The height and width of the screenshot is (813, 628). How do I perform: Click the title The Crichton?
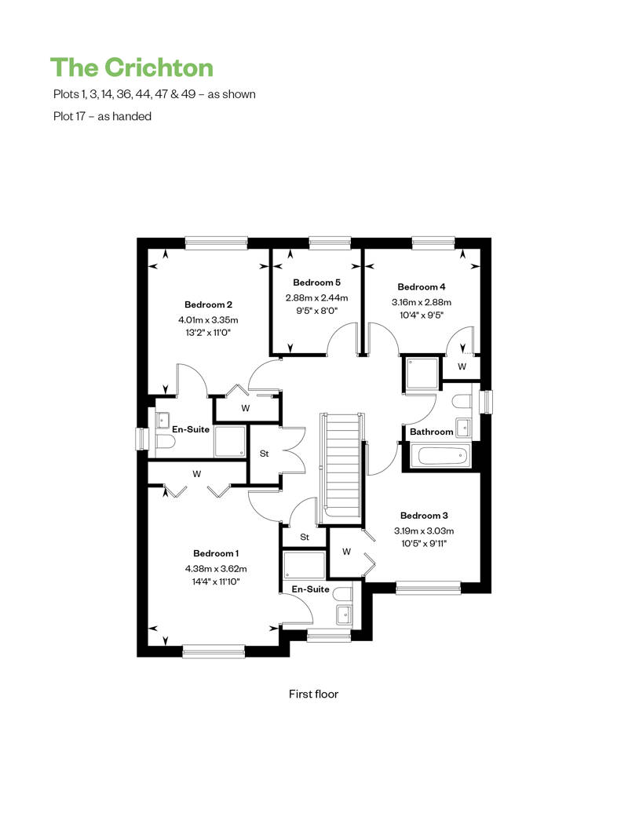pyautogui.click(x=132, y=67)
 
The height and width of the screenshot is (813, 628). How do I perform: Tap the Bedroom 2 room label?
pyautogui.click(x=208, y=304)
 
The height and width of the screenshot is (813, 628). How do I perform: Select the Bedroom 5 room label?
pyautogui.click(x=316, y=283)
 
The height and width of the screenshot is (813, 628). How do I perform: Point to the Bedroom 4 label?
pyautogui.click(x=421, y=286)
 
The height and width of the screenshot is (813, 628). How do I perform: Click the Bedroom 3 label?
pyautogui.click(x=424, y=516)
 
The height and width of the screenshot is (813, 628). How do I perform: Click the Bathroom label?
pyautogui.click(x=431, y=432)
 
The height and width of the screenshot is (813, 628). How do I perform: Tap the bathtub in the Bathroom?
pyautogui.click(x=442, y=456)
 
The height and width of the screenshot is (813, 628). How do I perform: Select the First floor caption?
pyautogui.click(x=313, y=694)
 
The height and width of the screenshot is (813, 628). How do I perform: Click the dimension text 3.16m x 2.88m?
pyautogui.click(x=422, y=302)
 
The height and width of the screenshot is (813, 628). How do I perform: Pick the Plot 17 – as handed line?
pyautogui.click(x=100, y=116)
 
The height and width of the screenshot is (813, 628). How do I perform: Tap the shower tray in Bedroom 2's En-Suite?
pyautogui.click(x=230, y=441)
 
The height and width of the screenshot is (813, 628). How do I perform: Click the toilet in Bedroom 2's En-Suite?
pyautogui.click(x=162, y=443)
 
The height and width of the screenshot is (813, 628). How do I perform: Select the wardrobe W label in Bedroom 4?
pyautogui.click(x=462, y=366)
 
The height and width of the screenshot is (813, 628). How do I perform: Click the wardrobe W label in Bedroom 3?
pyautogui.click(x=346, y=551)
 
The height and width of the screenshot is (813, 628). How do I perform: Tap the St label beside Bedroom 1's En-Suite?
pyautogui.click(x=305, y=538)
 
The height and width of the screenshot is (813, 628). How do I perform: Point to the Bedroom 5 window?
pyautogui.click(x=329, y=242)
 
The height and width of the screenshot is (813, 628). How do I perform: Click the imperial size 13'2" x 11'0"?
pyautogui.click(x=208, y=333)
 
